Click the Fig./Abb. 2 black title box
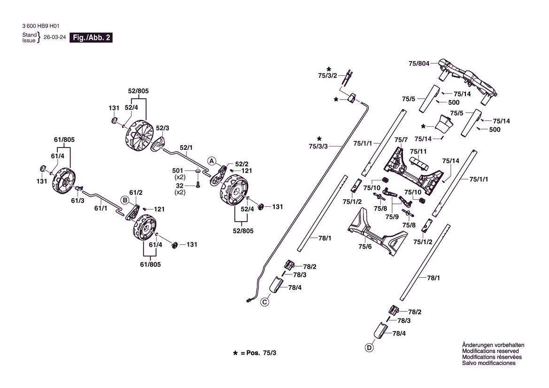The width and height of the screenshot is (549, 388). [x=91, y=38]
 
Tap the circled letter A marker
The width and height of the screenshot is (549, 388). [x=211, y=161]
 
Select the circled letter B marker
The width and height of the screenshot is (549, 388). [x=125, y=200]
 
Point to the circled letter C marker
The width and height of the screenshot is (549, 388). [x=265, y=302]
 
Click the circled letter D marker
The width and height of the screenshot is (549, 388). [x=369, y=348]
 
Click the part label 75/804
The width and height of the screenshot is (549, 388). [x=419, y=63]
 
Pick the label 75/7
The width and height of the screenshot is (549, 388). [x=401, y=140]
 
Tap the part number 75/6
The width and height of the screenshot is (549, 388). [x=365, y=247]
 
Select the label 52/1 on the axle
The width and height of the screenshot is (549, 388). [x=186, y=147]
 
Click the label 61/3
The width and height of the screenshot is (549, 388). [x=78, y=201]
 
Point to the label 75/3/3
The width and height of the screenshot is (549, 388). [x=318, y=146]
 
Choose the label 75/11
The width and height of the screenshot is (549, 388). [x=418, y=151]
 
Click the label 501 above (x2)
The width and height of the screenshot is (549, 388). [x=178, y=171]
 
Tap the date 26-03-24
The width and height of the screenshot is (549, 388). [x=54, y=37]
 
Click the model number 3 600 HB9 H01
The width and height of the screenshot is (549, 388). [x=40, y=26]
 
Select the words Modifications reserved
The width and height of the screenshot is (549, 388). [x=490, y=351]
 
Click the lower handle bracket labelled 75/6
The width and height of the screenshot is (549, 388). [x=378, y=233]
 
